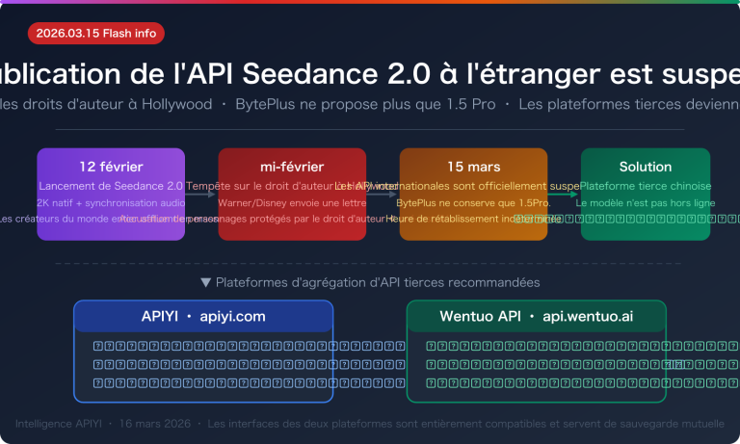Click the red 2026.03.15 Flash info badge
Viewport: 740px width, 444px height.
96,33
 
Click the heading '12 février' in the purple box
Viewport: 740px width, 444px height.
111,167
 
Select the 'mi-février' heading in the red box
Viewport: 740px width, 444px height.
292,167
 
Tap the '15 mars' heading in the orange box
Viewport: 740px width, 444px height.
473,167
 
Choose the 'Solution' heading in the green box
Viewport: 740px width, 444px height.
646,167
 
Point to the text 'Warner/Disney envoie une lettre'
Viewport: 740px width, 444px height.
292,203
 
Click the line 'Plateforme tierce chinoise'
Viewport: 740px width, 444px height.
646,186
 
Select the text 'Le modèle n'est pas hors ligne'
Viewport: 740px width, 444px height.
646,203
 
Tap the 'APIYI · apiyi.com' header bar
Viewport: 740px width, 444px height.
203,316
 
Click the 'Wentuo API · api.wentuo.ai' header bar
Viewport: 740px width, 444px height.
536,316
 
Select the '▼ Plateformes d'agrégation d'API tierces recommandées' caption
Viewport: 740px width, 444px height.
370,282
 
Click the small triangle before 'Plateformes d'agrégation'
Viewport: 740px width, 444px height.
205,282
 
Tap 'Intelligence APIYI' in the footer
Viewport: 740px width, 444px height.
58,424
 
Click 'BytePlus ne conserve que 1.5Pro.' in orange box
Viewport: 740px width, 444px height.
473,203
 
